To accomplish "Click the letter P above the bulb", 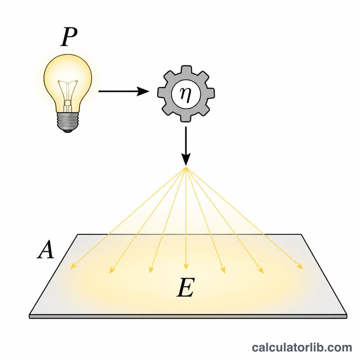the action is click(69, 37).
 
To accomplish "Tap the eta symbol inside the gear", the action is click(185, 94).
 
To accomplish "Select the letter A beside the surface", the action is click(46, 250).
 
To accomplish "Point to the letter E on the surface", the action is click(186, 287).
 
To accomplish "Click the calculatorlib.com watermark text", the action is click(302, 347).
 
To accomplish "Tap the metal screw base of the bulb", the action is click(68, 122).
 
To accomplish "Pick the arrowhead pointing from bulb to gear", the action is click(143, 91).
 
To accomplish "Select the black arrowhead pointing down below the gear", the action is click(186, 158).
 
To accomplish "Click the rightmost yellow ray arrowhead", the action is click(300, 266).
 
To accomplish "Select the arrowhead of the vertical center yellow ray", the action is click(186, 266).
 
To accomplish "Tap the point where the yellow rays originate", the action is click(186, 168).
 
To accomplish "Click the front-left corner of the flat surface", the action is click(29, 315).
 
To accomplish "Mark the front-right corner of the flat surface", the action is click(346, 315).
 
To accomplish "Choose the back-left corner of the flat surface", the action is click(77, 234).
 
